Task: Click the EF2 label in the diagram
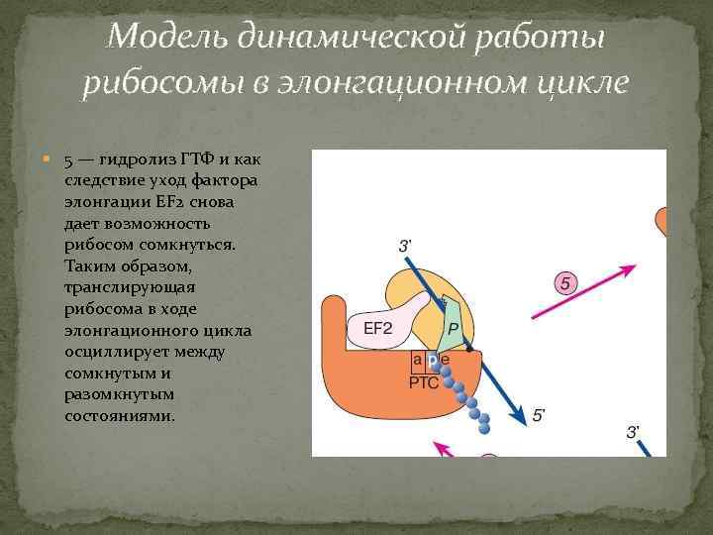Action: click(378, 327)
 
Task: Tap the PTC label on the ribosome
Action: click(423, 380)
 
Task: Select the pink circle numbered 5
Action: click(565, 284)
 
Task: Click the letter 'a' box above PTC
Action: click(419, 360)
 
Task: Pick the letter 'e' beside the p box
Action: click(445, 360)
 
